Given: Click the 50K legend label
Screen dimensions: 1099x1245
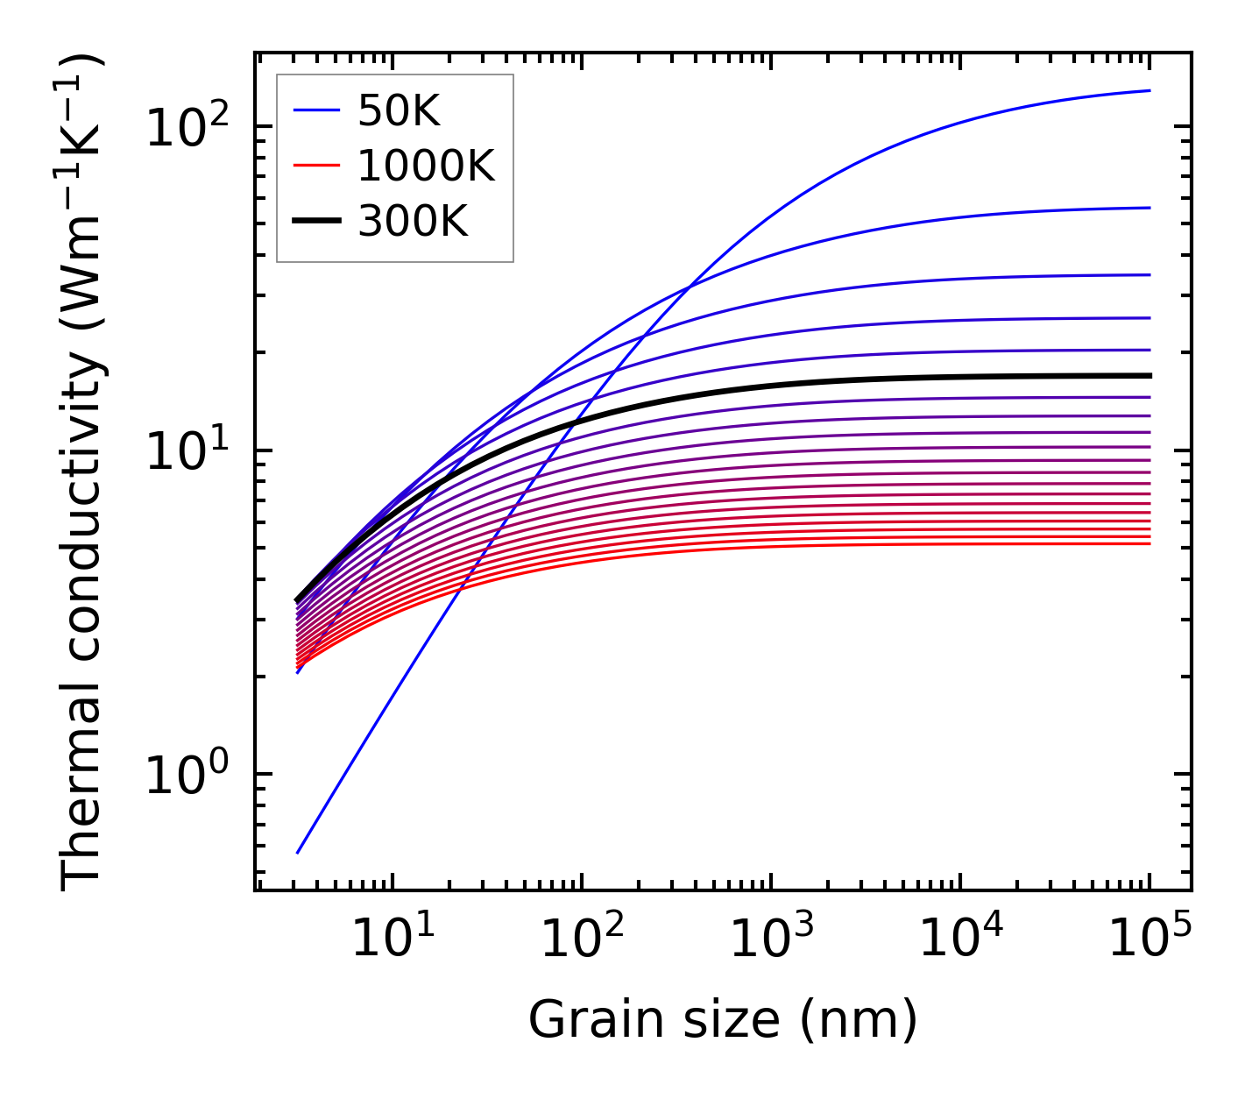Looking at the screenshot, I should click(399, 110).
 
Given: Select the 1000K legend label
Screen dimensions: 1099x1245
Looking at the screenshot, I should click(426, 166).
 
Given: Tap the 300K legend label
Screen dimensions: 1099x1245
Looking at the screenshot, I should click(413, 222).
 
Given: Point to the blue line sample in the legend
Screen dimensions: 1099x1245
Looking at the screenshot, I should click(315, 110).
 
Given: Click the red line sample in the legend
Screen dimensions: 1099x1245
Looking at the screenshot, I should click(315, 166).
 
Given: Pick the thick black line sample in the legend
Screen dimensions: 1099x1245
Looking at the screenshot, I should click(315, 222).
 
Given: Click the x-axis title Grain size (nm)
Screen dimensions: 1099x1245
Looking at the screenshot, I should click(723, 1019).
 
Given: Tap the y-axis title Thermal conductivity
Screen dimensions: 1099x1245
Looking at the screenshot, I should click(83, 473).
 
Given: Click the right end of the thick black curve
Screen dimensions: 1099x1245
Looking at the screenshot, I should click(1150, 375).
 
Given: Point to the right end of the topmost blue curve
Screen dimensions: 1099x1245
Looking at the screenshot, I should click(1150, 90).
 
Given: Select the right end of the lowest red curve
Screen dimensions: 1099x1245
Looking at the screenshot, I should click(1150, 544).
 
